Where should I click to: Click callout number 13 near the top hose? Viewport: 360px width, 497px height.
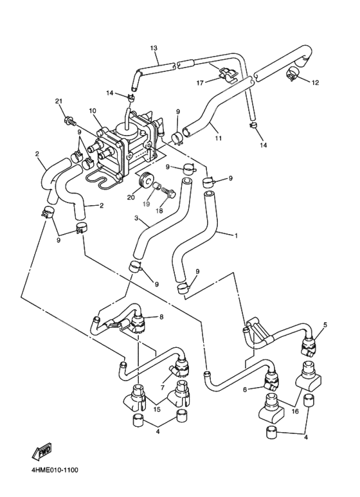click(x=154, y=48)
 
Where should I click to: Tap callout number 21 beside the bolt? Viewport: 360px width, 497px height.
click(x=58, y=102)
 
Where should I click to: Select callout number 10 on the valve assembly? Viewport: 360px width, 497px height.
click(x=93, y=111)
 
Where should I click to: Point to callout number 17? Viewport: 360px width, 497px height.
click(x=199, y=82)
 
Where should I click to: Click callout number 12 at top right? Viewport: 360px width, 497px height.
click(x=315, y=82)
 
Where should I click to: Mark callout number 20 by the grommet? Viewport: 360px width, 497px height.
click(x=130, y=197)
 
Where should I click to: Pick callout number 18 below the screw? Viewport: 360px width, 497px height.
click(x=160, y=210)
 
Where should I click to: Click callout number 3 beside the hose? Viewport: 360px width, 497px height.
click(x=136, y=219)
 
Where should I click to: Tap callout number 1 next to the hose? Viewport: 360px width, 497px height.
click(x=235, y=236)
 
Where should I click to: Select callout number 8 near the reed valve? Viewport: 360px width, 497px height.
click(x=161, y=316)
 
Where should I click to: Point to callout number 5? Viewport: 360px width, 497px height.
click(x=325, y=325)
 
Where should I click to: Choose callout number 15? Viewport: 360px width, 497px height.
click(x=156, y=410)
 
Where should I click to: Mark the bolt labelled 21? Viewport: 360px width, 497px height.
click(x=69, y=120)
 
